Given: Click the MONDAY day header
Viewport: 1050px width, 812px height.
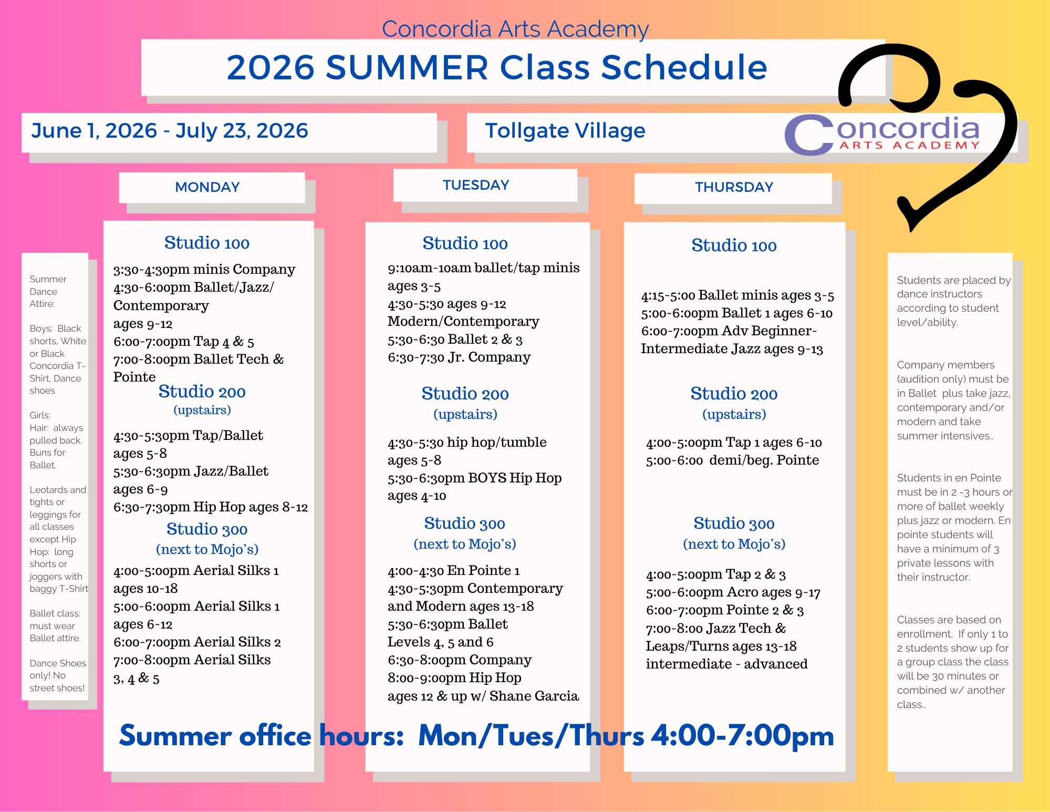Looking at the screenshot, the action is tap(207, 187).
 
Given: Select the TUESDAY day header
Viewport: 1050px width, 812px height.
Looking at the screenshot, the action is tap(476, 185).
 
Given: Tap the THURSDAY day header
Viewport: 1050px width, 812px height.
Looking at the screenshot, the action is tap(734, 187).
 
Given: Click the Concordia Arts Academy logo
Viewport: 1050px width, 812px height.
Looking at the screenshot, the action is tap(882, 135).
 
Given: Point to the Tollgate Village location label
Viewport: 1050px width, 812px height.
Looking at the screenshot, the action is tap(565, 131).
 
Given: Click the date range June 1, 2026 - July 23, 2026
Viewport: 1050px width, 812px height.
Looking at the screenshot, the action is tap(170, 130).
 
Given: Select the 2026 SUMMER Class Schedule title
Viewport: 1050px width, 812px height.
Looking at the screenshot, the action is tap(497, 67).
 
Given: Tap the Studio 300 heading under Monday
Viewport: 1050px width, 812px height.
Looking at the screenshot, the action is tap(207, 529).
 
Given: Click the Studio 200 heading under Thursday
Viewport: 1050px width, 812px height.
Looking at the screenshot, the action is tap(734, 394).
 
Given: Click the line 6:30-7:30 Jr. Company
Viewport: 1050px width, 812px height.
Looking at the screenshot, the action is tap(459, 357).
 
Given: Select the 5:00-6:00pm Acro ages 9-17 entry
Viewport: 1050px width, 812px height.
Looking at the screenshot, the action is tap(733, 592).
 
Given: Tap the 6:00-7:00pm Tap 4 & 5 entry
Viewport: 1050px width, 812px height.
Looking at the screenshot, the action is tap(184, 342).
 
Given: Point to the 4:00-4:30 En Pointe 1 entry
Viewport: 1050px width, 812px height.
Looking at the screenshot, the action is tap(454, 571).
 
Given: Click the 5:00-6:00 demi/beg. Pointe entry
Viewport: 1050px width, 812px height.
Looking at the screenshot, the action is tap(733, 460).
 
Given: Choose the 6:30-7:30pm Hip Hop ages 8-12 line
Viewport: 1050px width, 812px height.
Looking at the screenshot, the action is tap(211, 507).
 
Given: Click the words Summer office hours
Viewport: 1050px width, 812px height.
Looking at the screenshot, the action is tap(261, 735).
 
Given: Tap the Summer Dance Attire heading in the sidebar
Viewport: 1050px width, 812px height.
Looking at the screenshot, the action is tap(48, 291).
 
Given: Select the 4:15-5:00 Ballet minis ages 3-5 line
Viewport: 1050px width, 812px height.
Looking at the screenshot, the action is tap(737, 296).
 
